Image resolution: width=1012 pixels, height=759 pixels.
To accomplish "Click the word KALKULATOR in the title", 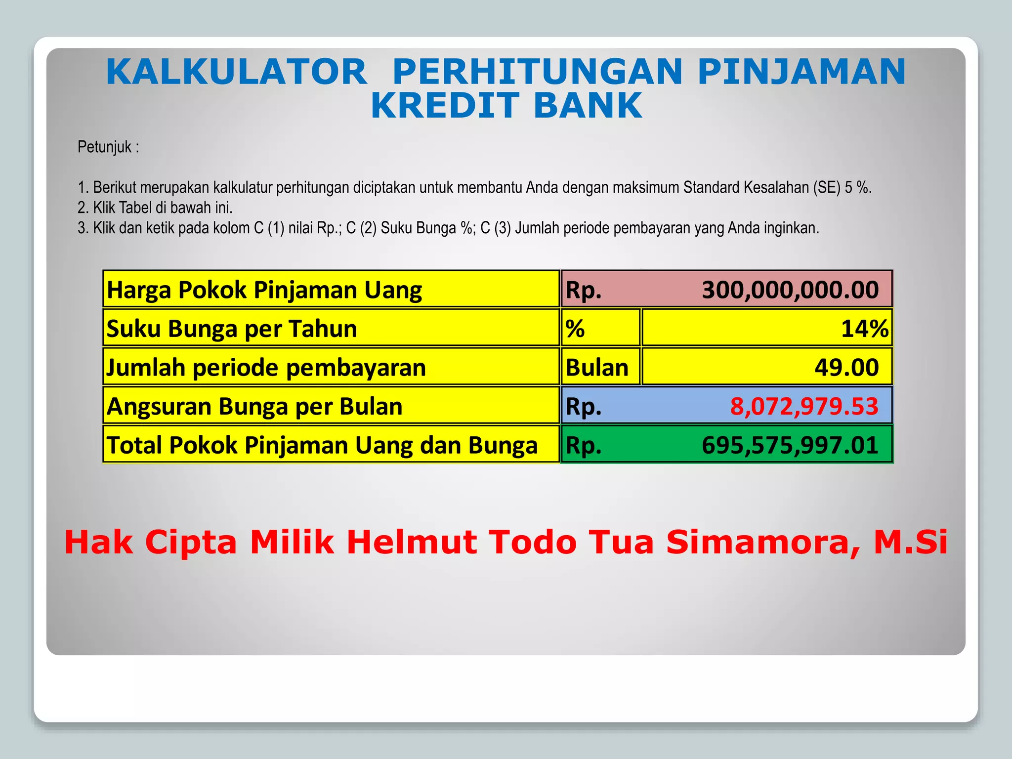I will tap(236, 72).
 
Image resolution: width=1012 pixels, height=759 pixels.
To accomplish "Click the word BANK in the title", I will tap(588, 106).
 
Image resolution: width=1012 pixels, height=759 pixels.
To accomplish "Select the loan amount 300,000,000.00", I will tap(790, 290).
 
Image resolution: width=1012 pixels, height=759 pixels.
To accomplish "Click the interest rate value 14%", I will tap(864, 329).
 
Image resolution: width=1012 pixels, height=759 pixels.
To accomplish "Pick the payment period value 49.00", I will tap(846, 368).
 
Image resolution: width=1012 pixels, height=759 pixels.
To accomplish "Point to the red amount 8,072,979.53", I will tap(804, 406).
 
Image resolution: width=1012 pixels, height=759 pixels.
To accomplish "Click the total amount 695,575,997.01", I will tap(790, 445).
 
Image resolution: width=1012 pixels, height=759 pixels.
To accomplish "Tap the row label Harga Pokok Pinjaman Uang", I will tap(264, 290).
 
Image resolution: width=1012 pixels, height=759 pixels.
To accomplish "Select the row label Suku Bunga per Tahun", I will tap(232, 329).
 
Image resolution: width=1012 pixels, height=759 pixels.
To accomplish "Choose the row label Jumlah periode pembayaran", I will tap(266, 368).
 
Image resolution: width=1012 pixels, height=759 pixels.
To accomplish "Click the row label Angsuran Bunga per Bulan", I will tap(254, 406).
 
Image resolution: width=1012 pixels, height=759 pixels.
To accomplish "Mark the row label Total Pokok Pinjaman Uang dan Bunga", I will tap(322, 445).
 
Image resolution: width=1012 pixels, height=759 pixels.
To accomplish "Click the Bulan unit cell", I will tap(597, 368).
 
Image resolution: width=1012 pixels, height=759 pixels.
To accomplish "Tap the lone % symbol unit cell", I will tap(575, 329).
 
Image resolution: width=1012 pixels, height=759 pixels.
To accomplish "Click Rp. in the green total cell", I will tap(584, 445).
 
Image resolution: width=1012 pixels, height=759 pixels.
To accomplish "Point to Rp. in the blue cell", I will tap(584, 406).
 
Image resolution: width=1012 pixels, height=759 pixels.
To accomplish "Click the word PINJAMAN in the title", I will tap(801, 72).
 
